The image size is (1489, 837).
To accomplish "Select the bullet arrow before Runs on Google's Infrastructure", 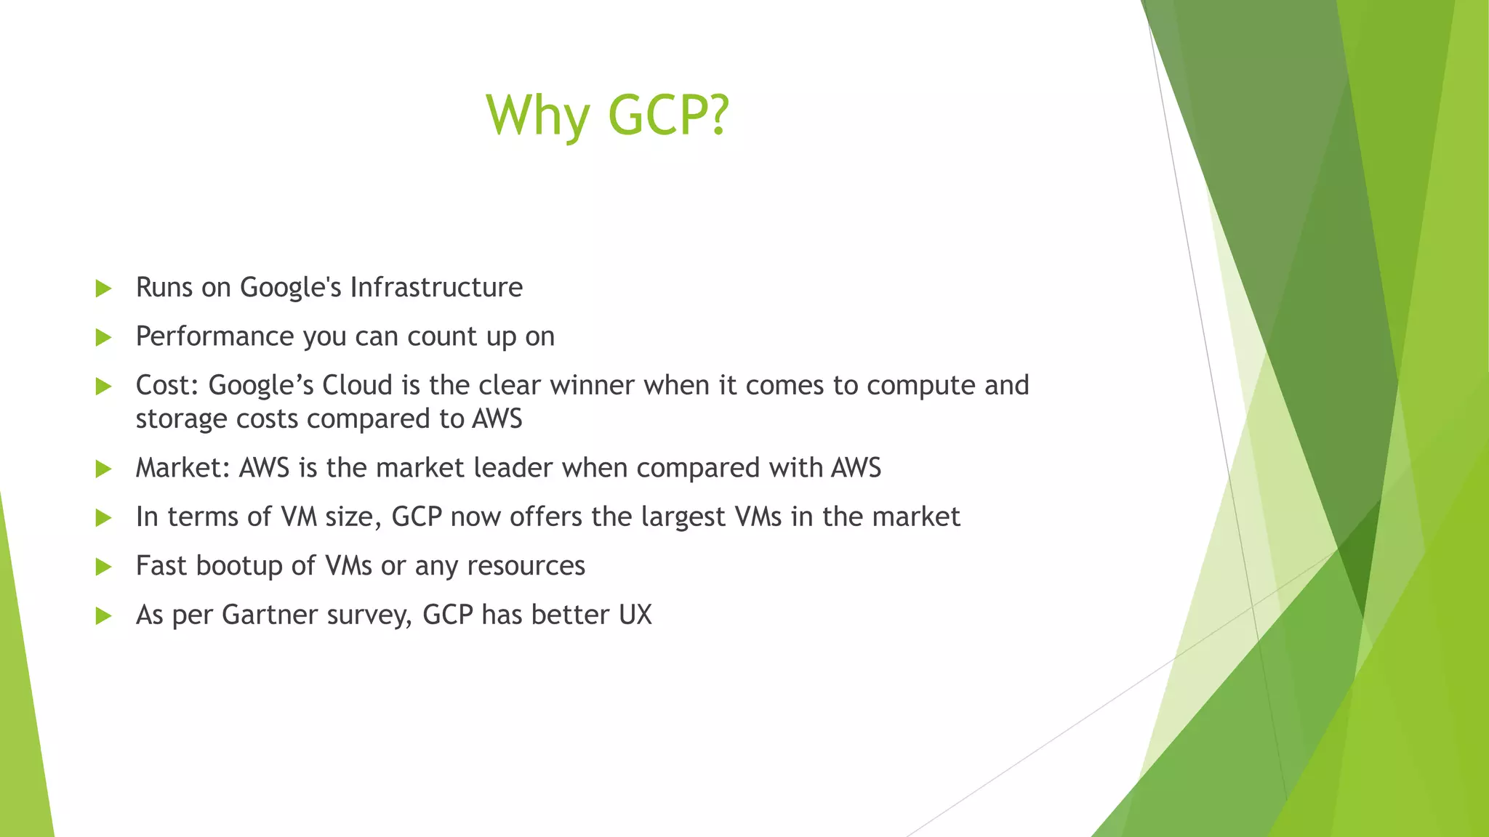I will click(103, 288).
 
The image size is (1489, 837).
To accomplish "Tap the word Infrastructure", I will click(436, 287).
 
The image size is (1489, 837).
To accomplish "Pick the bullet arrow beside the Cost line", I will click(103, 387).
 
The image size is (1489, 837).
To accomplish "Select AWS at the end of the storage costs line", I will click(497, 419).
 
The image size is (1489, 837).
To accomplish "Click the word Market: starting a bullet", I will click(183, 468).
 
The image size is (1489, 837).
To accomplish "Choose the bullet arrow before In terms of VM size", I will click(103, 518).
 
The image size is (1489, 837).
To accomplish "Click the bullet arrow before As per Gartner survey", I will click(103, 616).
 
